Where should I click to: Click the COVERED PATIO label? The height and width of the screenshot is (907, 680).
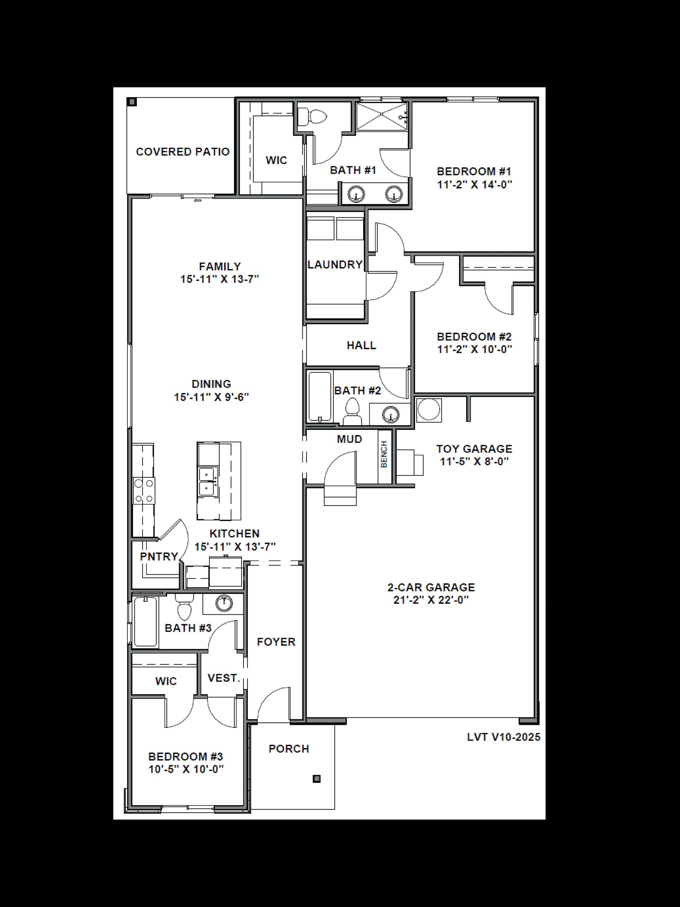tap(182, 152)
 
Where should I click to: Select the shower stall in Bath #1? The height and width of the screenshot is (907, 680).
tap(381, 117)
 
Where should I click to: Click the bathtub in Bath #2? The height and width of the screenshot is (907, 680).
tap(320, 396)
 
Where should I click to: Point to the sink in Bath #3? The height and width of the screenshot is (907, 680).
tap(224, 602)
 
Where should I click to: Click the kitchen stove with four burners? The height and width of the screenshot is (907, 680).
tap(144, 491)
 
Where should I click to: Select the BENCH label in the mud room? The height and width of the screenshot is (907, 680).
tap(384, 454)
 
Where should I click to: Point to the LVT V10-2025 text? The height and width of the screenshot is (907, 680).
tap(503, 737)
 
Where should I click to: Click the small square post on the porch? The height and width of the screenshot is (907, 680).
tap(316, 778)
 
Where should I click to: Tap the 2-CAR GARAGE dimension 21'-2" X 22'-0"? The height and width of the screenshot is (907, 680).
tap(431, 600)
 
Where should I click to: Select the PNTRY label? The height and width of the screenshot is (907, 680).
tap(159, 556)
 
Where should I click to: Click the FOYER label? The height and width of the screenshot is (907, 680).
tap(276, 642)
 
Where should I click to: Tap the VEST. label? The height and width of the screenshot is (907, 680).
tap(223, 678)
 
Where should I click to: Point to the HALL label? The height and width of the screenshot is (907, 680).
tap(361, 345)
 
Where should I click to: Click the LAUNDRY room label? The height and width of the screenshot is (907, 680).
tap(335, 264)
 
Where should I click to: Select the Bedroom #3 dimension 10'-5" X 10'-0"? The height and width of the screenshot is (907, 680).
tap(186, 769)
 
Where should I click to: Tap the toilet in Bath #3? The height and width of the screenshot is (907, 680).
tap(184, 608)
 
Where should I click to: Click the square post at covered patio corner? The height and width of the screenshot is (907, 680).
tap(132, 102)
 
